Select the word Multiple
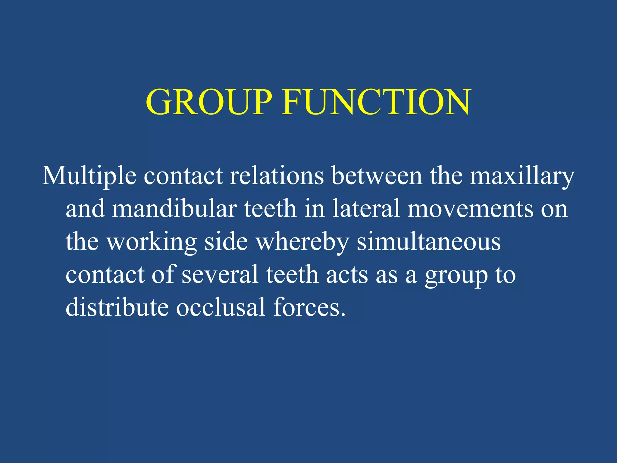(x=89, y=176)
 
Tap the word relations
(x=277, y=176)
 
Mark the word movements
(x=470, y=209)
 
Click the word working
(x=152, y=242)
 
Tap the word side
(x=226, y=241)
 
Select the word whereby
(x=302, y=242)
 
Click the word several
(x=220, y=275)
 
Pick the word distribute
(x=117, y=307)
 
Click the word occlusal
(x=221, y=307)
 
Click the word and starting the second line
(x=85, y=209)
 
